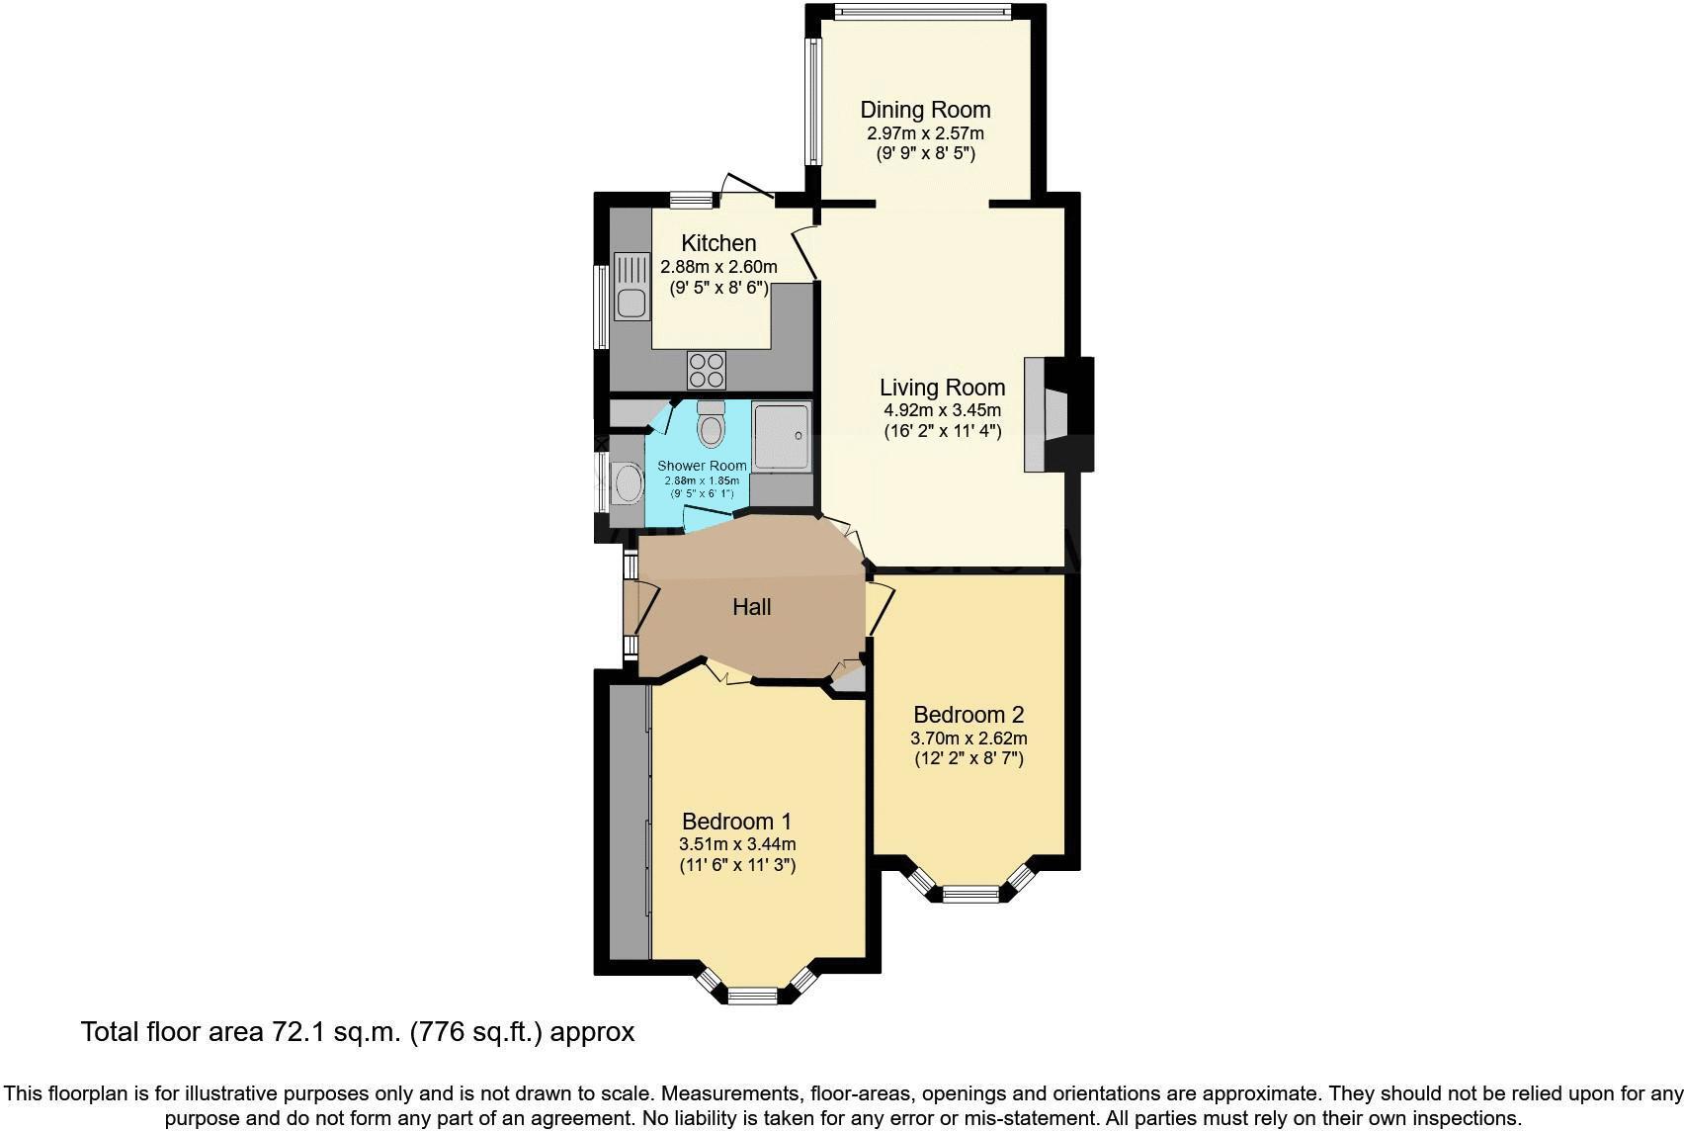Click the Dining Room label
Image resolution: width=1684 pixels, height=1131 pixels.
925,110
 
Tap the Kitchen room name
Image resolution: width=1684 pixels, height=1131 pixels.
718,243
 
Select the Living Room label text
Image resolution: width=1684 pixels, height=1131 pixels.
942,388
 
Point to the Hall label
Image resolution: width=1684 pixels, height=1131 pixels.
751,607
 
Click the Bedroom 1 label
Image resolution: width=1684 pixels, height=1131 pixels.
736,822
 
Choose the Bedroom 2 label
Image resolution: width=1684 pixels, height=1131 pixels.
968,715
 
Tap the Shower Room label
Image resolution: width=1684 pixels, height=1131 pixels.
702,466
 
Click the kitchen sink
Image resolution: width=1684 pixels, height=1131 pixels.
630,287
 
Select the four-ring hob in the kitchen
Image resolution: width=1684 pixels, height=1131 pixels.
707,370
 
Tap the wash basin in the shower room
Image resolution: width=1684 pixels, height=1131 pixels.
627,483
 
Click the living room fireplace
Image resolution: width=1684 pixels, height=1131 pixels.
1057,414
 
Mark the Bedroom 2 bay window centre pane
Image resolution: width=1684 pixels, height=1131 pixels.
969,895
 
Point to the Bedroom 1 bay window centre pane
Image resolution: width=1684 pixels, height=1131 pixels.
754,996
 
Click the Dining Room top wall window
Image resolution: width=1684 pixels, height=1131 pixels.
921,13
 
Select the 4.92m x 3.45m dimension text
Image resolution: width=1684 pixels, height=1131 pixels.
942,410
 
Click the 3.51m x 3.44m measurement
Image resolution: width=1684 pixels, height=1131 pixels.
737,844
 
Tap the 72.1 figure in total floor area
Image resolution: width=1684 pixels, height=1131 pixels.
299,1033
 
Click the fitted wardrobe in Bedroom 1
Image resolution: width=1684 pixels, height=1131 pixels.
629,821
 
